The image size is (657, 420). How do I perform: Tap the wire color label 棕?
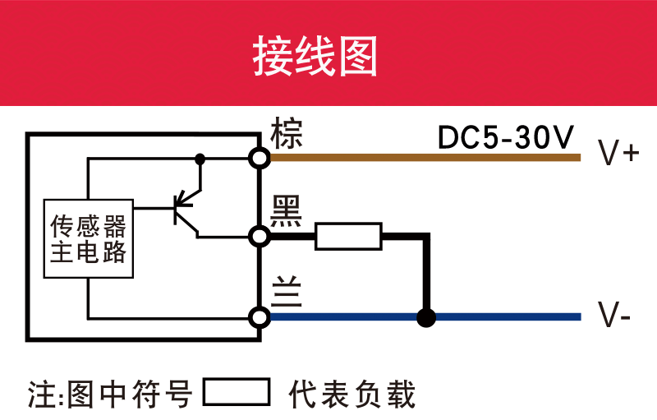287,132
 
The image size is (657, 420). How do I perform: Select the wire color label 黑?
287,211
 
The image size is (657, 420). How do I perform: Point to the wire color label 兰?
287,292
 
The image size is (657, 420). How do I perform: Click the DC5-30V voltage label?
506,138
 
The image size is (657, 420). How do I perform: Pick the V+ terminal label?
618,154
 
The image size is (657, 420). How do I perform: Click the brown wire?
427,157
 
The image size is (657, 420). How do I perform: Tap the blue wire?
509,317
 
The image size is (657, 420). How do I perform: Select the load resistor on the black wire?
348,237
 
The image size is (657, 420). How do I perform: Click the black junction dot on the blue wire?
425,317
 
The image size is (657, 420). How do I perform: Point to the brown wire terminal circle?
260,157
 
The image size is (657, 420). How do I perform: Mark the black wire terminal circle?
260,237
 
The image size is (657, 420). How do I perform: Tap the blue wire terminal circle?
260,317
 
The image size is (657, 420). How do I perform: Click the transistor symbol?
184,208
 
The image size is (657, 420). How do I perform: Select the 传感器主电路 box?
89,239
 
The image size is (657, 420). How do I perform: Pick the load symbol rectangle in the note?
237,393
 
